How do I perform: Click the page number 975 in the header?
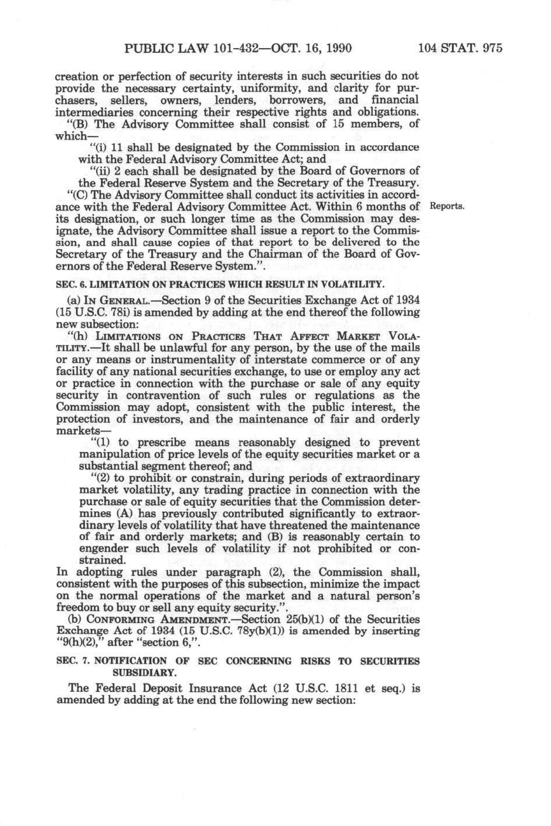[x=491, y=48]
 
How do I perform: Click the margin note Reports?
[x=447, y=206]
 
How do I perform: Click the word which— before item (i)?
[x=72, y=136]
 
